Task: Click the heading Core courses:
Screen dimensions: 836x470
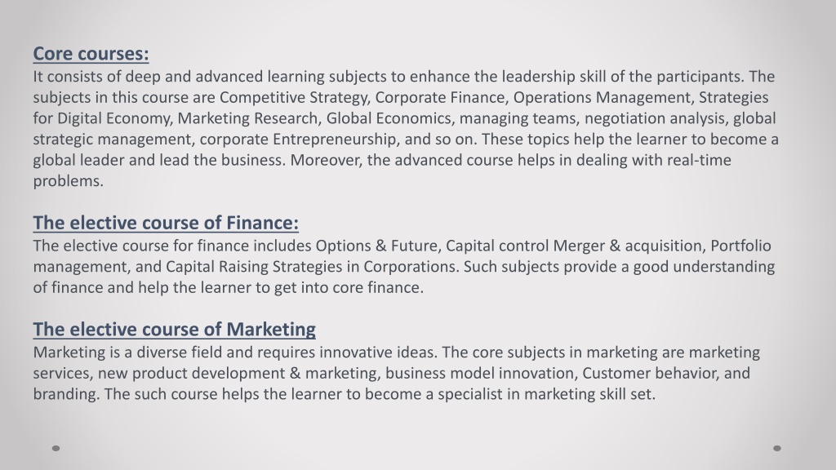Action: click(91, 54)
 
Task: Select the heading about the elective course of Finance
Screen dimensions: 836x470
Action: click(166, 223)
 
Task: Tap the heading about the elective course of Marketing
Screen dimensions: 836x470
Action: click(175, 330)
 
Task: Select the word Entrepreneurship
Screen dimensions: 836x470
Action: click(336, 140)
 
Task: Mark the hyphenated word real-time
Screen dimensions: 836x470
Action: click(699, 161)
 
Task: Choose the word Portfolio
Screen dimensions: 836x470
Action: click(740, 246)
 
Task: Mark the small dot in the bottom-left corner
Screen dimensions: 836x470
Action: click(56, 448)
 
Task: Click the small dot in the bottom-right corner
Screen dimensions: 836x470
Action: click(777, 448)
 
